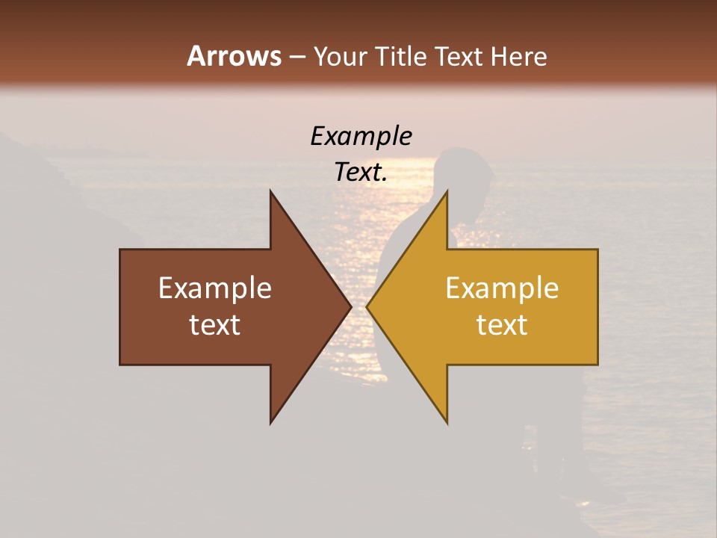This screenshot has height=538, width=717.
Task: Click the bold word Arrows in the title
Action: [234, 56]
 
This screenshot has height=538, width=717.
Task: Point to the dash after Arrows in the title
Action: [297, 57]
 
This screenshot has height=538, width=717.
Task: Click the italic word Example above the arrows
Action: [361, 136]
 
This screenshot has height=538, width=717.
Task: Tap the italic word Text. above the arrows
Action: [361, 173]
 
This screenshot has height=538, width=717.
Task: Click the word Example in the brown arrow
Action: [215, 288]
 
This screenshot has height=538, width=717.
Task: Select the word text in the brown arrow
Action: [215, 325]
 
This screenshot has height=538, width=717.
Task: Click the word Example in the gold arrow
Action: [502, 288]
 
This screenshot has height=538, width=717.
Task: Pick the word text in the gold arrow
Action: [502, 325]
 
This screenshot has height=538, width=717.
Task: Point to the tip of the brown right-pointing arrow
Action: [351, 307]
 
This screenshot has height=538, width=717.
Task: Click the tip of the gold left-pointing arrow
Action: [367, 307]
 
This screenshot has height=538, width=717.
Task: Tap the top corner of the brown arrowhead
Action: [270, 191]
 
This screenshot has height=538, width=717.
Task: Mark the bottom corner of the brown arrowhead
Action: [270, 423]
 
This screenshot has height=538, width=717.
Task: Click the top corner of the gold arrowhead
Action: [447, 191]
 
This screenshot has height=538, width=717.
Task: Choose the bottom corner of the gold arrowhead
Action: [447, 423]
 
